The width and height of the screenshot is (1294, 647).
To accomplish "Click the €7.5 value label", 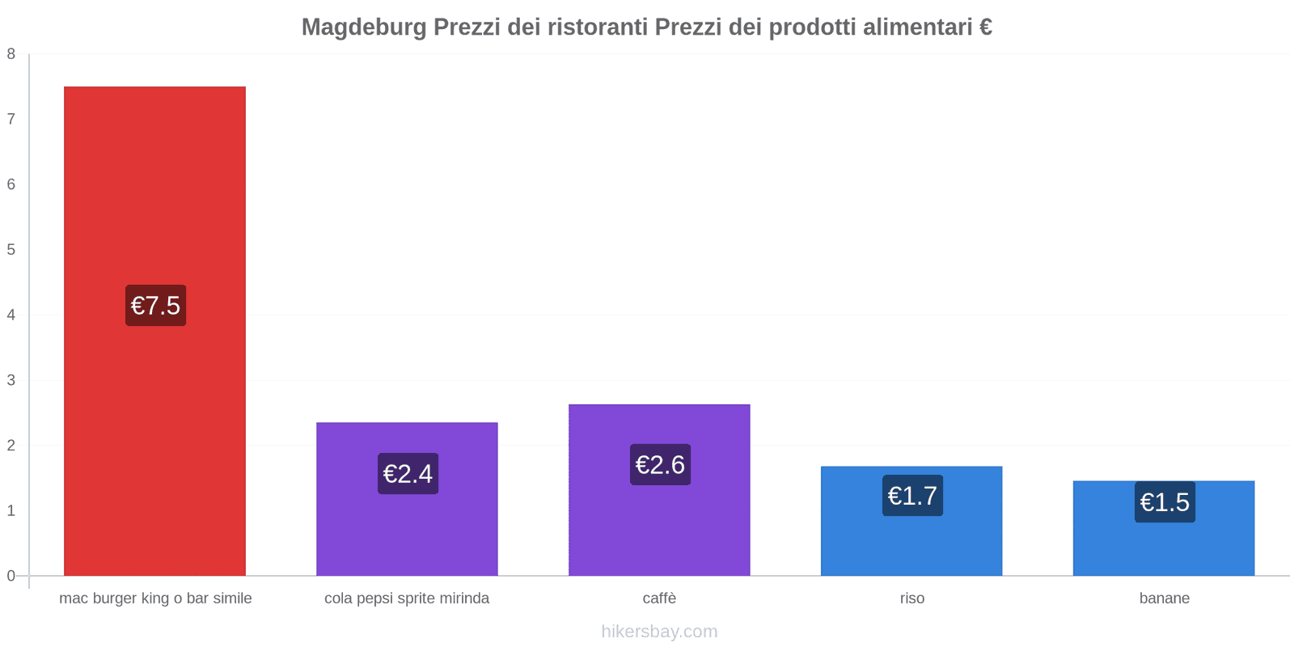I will (x=155, y=306).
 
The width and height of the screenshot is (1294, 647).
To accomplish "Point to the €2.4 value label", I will (x=408, y=474).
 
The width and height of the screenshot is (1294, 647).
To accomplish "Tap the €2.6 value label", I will (x=660, y=465).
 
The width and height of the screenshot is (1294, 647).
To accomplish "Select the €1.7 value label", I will (x=912, y=496).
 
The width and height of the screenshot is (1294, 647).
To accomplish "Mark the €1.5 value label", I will (x=1165, y=502).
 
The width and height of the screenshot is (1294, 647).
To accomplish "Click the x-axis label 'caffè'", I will (x=659, y=598).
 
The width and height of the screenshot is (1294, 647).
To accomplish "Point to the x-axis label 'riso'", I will (x=911, y=598).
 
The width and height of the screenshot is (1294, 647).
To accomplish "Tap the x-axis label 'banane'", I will (x=1164, y=598).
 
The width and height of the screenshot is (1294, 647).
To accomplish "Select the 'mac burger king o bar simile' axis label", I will (x=155, y=598).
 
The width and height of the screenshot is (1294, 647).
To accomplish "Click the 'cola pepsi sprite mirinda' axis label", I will (x=407, y=598).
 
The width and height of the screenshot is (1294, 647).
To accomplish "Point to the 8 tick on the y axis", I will (x=11, y=54).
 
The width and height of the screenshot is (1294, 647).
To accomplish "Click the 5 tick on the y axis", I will (x=11, y=250).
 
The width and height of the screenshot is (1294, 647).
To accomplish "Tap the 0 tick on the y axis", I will (x=11, y=576).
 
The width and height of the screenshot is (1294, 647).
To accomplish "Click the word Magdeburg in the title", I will (x=364, y=27).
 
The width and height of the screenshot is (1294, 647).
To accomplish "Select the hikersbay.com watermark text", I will (x=659, y=632).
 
